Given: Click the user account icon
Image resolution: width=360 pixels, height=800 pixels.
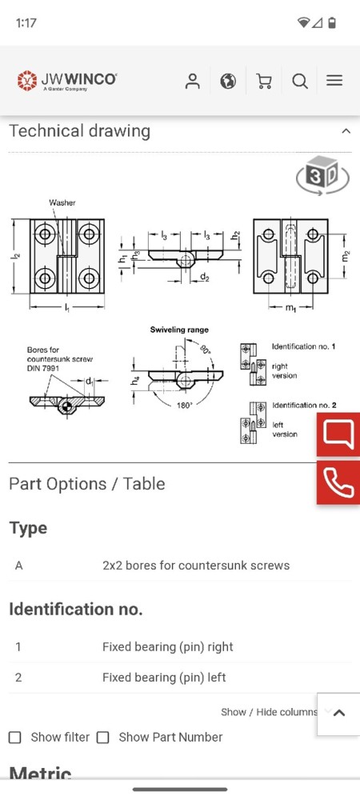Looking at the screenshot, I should tap(192, 81).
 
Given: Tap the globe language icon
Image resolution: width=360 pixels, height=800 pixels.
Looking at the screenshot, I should tap(228, 81).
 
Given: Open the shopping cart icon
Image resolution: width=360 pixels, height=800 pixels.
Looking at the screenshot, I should tap(264, 81).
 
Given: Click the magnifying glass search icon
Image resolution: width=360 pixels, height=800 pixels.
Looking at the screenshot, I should tap(300, 81).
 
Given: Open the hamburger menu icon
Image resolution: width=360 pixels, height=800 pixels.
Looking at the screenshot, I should tap(334, 81).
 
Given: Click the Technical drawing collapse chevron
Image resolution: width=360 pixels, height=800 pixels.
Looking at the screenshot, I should tap(346, 131).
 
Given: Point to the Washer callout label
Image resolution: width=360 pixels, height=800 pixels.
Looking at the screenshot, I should tap(62, 203).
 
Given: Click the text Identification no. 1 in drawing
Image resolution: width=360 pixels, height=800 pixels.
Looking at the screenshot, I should tap(303, 346).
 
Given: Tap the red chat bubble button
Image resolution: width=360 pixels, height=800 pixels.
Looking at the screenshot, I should tap(338, 435).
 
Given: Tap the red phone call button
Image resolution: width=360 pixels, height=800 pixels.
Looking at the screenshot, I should tap(338, 482).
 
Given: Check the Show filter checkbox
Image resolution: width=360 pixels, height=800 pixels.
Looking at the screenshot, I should tap(15, 737).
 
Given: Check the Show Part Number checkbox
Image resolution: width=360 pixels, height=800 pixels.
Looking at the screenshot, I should tap(102, 737).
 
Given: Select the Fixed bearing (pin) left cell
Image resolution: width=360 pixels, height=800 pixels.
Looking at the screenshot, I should tap(164, 678).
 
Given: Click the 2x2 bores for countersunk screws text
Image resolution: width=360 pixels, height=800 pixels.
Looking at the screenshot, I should tap(196, 566).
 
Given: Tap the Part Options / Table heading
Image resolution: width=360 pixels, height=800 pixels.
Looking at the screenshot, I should tap(87, 484).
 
